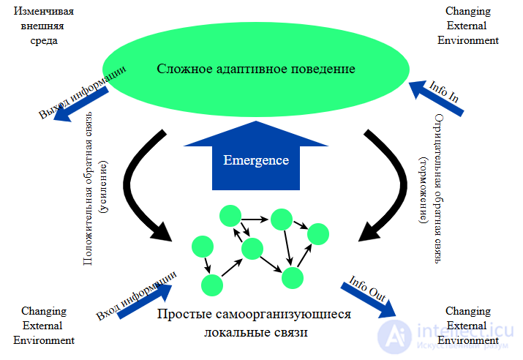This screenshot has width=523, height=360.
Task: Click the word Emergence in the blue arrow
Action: click(x=255, y=160)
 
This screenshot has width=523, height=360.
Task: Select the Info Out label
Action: click(x=367, y=288)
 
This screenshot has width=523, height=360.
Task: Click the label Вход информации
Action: click(x=136, y=296)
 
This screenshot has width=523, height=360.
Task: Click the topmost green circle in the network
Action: click(x=230, y=216)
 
